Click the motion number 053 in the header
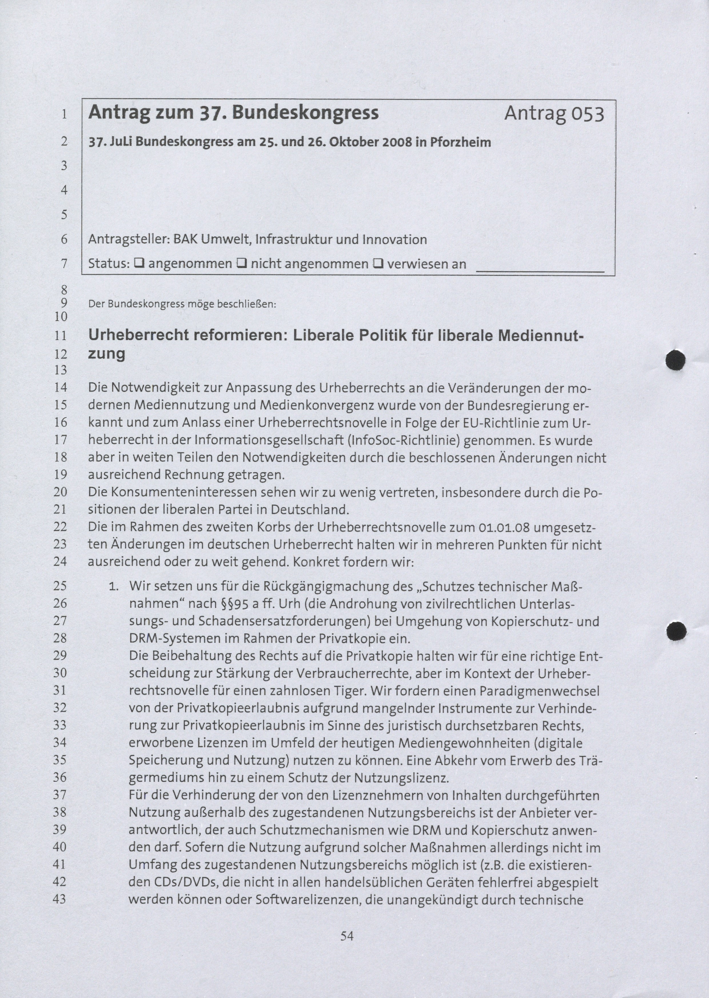tap(587, 114)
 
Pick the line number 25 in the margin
tap(60, 586)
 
